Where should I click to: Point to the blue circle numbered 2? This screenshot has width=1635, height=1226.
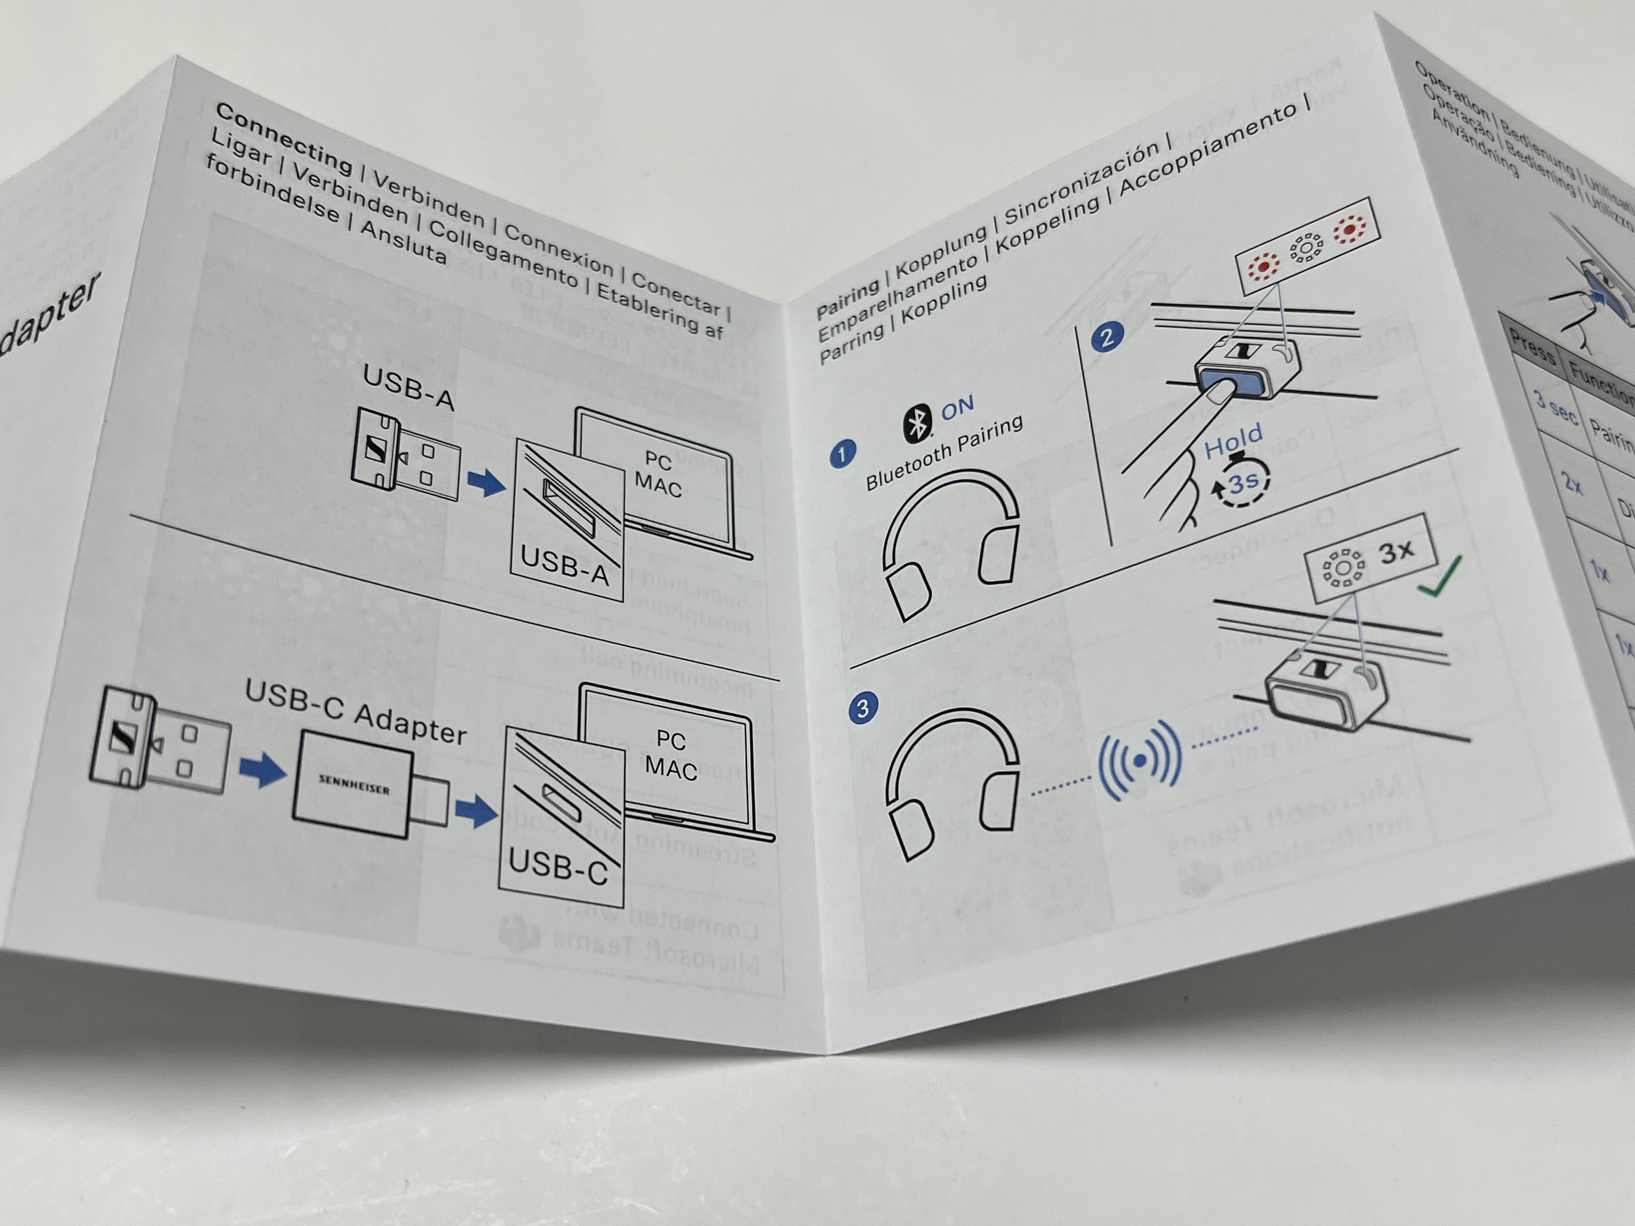pos(1107,337)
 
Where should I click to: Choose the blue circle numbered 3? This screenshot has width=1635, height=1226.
pos(862,708)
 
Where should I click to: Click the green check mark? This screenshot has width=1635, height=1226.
pos(1439,577)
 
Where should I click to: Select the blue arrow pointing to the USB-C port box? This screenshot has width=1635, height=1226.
pos(475,811)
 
